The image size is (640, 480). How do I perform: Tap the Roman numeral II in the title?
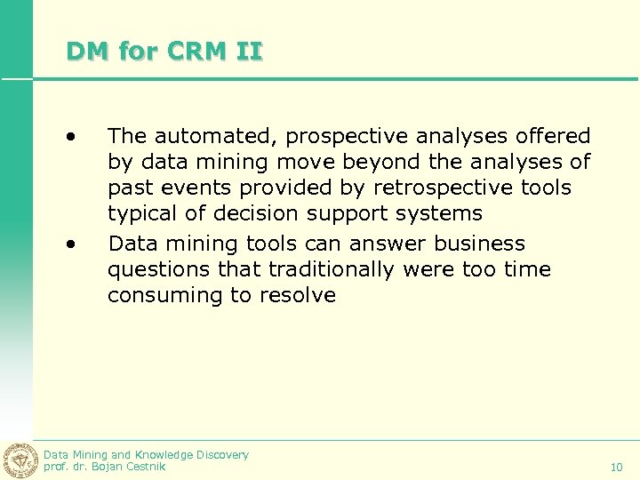point(250,52)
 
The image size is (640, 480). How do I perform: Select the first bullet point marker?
point(70,136)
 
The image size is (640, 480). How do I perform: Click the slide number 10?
point(617,467)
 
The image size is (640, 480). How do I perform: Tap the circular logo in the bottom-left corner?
point(19,460)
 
